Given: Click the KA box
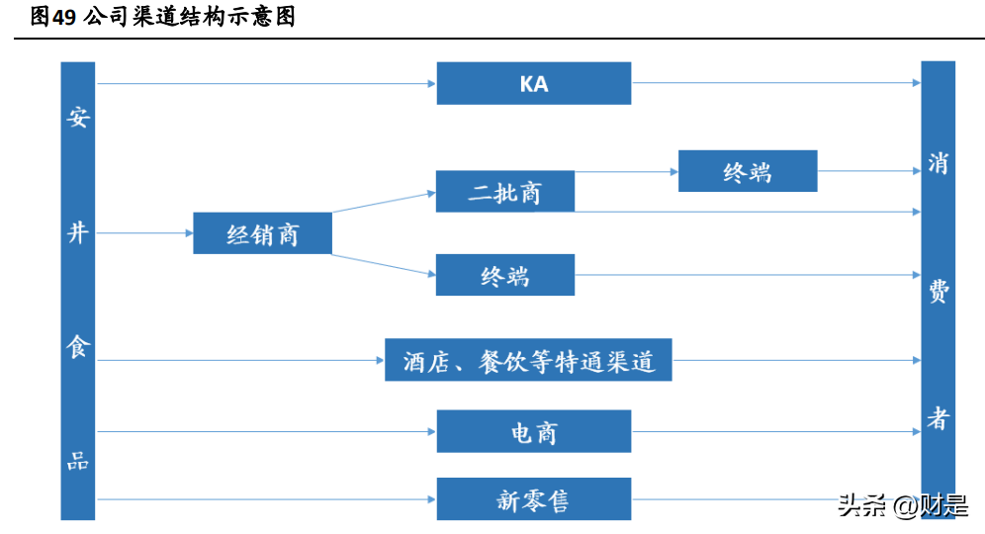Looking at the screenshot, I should [534, 83].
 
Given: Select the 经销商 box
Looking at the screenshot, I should [262, 233].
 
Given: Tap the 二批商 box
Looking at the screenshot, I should [504, 191].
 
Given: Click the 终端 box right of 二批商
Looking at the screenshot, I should [748, 171].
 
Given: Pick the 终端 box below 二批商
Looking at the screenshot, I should [504, 275].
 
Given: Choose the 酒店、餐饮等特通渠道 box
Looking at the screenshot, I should [528, 360].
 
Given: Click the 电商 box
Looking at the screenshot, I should [534, 431].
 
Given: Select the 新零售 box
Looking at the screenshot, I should [534, 499].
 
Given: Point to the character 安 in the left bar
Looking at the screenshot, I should [78, 118].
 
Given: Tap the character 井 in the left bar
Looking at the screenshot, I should [78, 233].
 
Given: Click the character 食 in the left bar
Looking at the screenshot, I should [78, 347].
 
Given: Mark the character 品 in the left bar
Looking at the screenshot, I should [78, 461].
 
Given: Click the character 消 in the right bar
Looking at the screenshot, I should [938, 163].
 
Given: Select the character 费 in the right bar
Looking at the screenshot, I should [938, 291].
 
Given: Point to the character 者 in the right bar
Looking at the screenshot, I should [938, 418].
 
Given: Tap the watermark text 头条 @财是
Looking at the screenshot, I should [902, 506].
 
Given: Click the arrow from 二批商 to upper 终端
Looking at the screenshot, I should [626, 171].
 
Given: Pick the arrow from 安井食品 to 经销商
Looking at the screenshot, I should [144, 233].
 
